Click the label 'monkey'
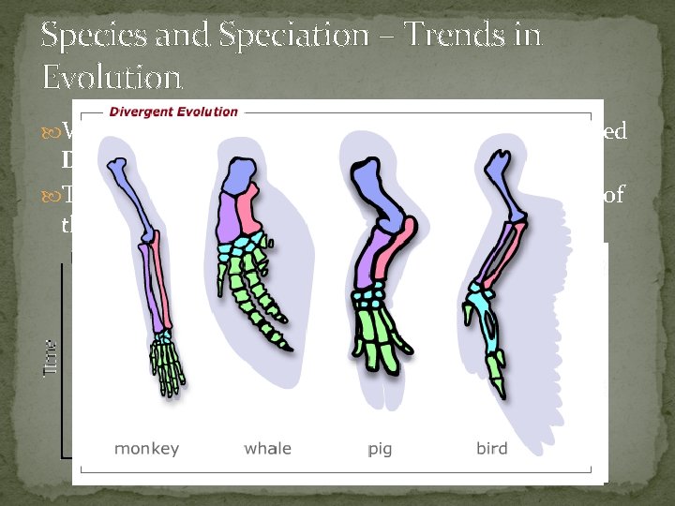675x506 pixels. (146, 448)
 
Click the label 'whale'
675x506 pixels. (267, 448)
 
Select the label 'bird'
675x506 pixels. (491, 448)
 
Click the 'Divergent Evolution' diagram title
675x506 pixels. (173, 112)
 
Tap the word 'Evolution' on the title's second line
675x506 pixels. (111, 76)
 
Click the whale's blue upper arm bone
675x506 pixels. (242, 178)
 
